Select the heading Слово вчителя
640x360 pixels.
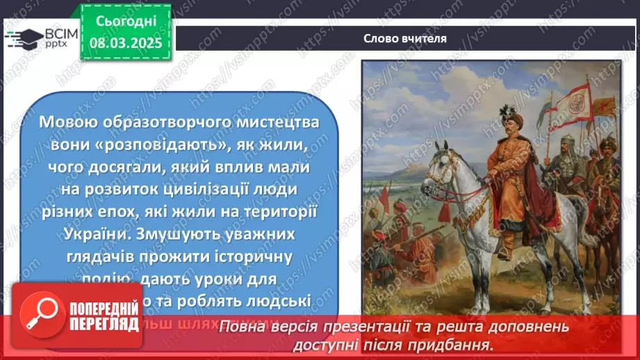[404, 38]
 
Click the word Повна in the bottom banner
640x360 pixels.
[238, 327]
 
